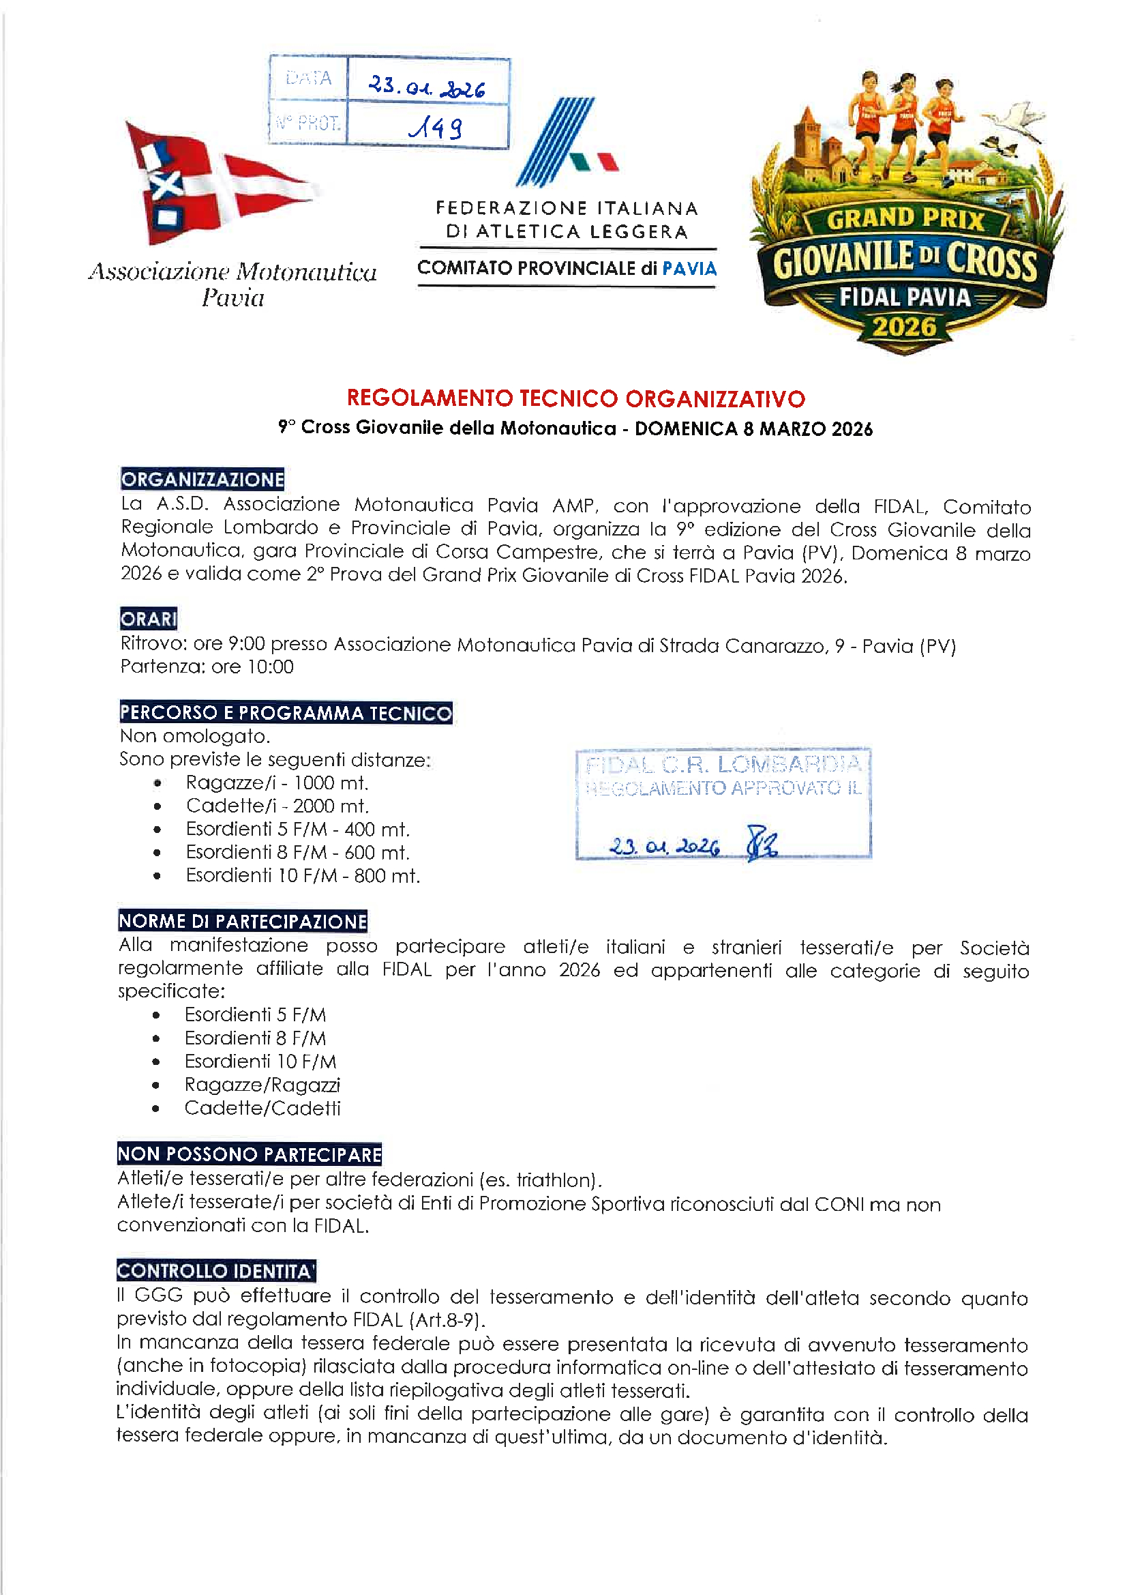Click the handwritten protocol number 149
click(436, 127)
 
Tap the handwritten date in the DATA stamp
click(426, 86)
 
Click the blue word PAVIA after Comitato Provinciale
click(689, 268)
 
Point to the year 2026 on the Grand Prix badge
click(904, 327)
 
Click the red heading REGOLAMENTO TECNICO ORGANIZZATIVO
click(575, 398)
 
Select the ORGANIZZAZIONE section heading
click(202, 480)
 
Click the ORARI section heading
click(149, 618)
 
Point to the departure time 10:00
click(271, 667)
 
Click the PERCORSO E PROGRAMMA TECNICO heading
click(286, 713)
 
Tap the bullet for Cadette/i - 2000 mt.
click(158, 806)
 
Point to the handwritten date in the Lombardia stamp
click(664, 847)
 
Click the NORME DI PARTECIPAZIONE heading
click(242, 921)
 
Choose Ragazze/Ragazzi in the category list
click(262, 1085)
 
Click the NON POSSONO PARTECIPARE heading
click(250, 1154)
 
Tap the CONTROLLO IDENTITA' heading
click(216, 1271)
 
